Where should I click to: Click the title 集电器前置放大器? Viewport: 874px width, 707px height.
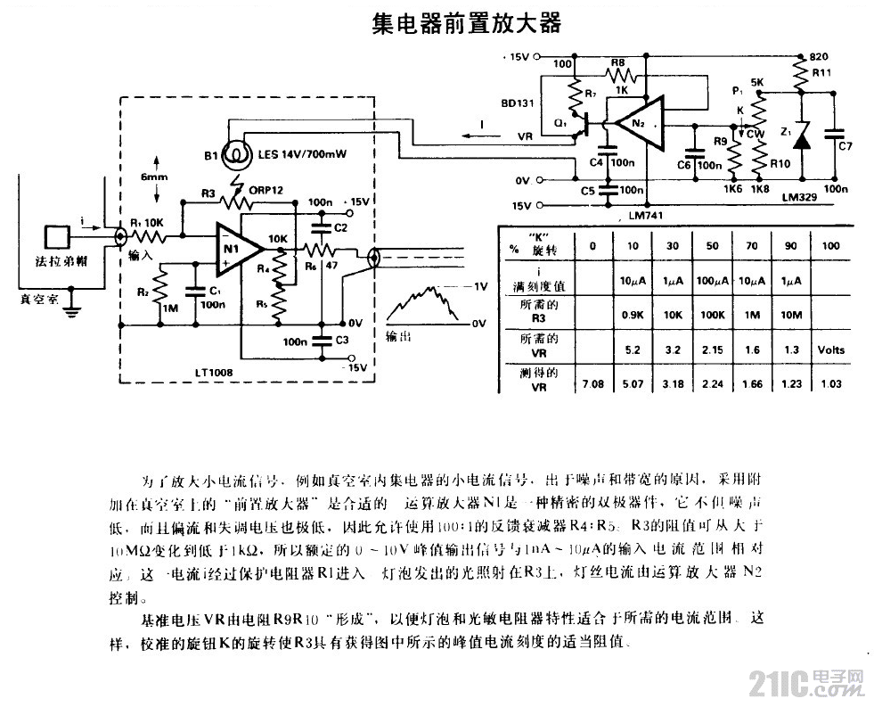[466, 22]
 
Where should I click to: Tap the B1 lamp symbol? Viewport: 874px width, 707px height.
[236, 152]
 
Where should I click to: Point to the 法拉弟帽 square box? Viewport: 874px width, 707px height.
[60, 238]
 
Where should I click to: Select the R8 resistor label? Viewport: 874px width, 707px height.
[617, 60]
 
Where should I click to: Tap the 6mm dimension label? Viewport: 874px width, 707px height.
[154, 177]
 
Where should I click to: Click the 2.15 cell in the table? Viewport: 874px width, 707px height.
[713, 349]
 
